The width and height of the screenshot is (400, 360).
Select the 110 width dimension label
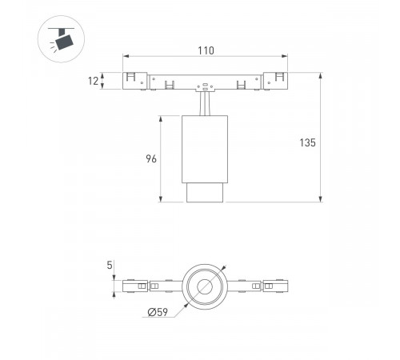pos(206,51)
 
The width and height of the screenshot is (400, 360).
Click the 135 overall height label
pos(309,142)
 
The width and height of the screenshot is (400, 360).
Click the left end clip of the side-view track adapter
pos(136,81)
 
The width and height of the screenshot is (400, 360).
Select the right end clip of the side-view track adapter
pos(274,81)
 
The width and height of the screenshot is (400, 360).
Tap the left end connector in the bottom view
pos(136,285)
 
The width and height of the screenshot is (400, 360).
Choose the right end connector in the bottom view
pos(274,285)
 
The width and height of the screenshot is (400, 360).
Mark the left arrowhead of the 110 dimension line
pos(126,57)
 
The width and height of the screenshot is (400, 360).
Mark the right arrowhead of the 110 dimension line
pos(285,57)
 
